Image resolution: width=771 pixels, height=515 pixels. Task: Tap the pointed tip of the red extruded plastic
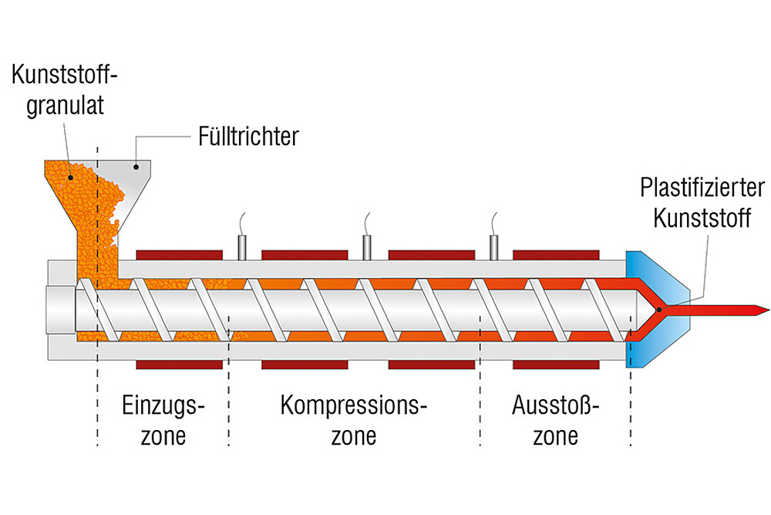tap(766, 310)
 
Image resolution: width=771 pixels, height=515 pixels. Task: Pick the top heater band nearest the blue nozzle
tap(556, 255)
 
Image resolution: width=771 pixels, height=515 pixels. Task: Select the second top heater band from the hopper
tap(305, 255)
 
